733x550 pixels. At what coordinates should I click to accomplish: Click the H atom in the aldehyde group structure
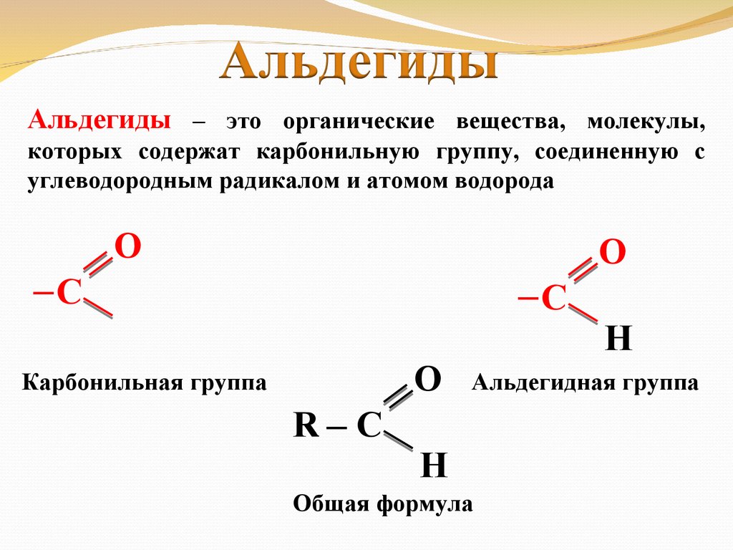618,339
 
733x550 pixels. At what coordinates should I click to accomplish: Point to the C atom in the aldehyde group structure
554,297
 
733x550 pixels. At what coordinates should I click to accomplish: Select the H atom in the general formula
434,467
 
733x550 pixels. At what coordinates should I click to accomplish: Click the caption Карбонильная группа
145,382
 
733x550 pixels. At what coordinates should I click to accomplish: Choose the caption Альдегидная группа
585,382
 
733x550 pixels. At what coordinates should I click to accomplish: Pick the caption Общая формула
383,504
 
